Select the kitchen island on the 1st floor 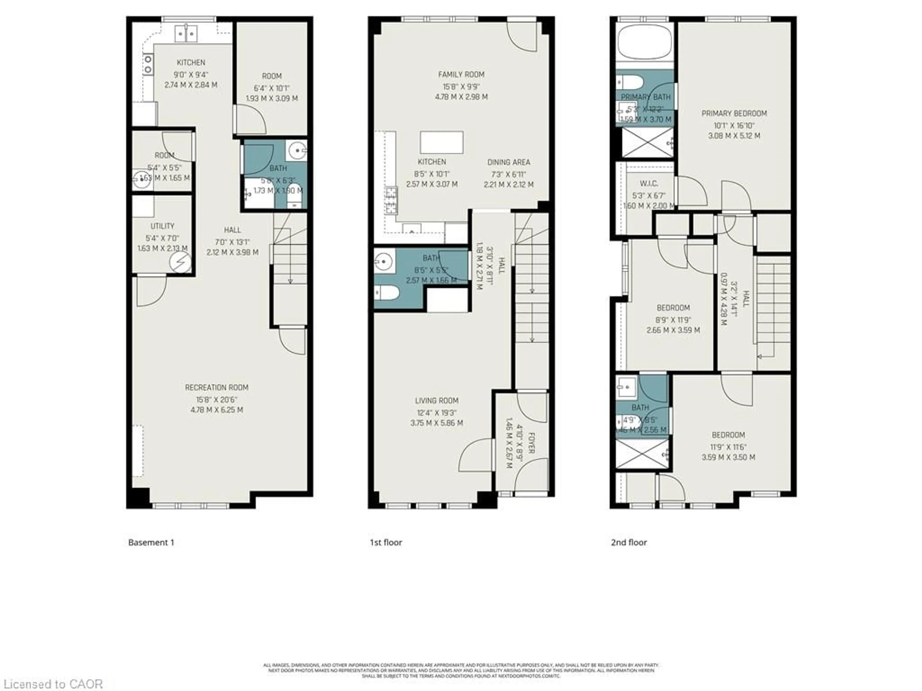441,143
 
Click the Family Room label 461,75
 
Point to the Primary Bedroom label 734,113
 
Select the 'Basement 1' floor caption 151,542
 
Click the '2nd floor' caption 629,542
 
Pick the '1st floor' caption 386,542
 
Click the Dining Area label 509,162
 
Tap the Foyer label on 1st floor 531,443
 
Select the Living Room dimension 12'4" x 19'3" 437,413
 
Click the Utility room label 162,226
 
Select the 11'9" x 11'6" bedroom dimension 728,447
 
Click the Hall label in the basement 232,230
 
